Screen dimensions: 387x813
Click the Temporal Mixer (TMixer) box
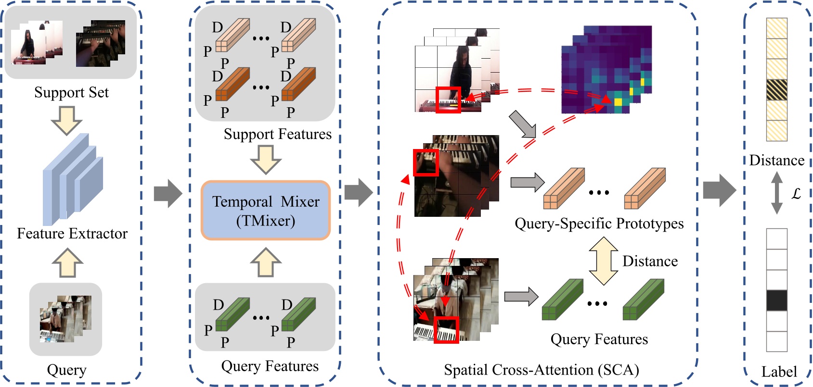click(x=265, y=211)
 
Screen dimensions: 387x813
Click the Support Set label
click(x=71, y=92)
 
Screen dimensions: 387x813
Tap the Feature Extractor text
click(x=72, y=234)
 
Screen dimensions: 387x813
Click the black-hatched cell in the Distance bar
click(x=776, y=90)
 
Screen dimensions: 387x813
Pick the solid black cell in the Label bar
click(x=776, y=300)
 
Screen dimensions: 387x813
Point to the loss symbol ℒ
click(x=796, y=194)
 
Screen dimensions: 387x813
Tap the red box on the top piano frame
click(x=448, y=100)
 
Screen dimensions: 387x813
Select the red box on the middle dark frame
click(x=426, y=162)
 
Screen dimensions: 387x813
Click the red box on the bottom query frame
click(x=446, y=330)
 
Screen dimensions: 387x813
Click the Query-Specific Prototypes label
click(x=599, y=224)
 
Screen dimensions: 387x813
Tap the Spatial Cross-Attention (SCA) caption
click(x=541, y=370)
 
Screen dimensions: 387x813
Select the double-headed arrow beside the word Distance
click(x=604, y=261)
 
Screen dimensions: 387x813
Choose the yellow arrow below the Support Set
click(x=66, y=120)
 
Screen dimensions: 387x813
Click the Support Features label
click(x=277, y=134)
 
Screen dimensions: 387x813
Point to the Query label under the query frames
click(x=66, y=370)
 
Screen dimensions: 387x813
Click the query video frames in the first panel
click(x=65, y=319)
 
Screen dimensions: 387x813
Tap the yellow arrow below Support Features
click(x=265, y=159)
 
